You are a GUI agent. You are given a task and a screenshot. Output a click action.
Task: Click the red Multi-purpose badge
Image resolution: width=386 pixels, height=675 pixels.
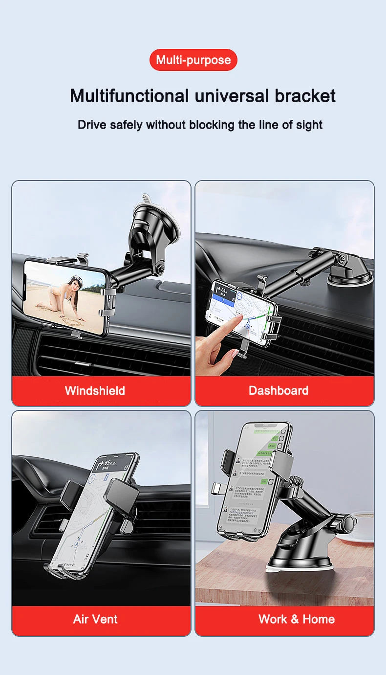pos(193,60)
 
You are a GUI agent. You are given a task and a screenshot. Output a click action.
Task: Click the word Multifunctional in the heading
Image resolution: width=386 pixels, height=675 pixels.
pos(129,95)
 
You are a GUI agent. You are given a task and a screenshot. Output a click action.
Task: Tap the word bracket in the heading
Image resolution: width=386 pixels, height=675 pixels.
pos(305,95)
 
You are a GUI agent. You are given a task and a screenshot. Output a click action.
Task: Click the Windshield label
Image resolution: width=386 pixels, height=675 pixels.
pos(95,390)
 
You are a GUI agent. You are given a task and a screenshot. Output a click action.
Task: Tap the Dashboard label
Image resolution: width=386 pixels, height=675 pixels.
pos(278,390)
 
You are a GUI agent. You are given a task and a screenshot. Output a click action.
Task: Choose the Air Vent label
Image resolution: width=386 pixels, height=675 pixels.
pos(95,619)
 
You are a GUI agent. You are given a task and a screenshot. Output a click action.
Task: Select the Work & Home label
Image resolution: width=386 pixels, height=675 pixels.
pos(296,619)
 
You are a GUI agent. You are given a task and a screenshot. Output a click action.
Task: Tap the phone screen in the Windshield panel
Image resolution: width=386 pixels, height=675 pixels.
pos(65,296)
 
